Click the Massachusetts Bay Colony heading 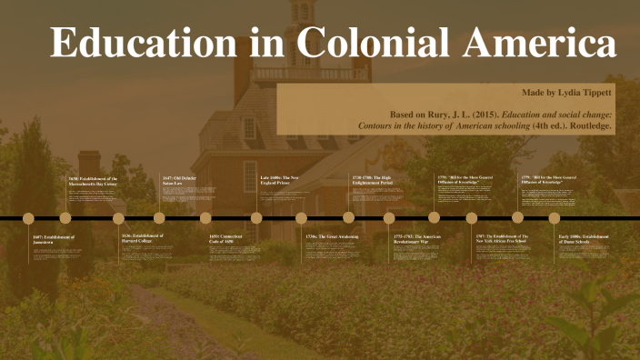[94, 182]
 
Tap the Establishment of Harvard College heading [142, 239]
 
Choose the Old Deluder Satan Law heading [179, 180]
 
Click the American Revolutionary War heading [416, 239]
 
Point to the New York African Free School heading [502, 239]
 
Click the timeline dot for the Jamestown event [28, 218]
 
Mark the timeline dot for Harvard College [118, 218]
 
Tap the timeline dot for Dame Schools [555, 218]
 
